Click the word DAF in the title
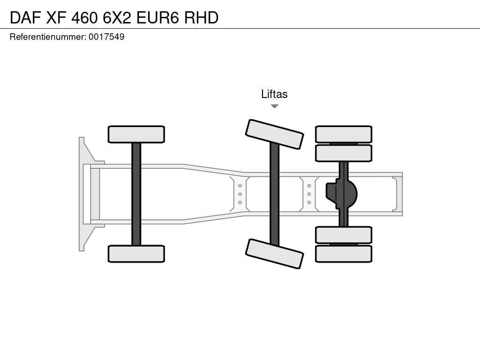coord(25,17)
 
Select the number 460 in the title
coord(84,17)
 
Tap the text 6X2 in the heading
coord(117,17)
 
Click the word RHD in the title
coord(201,17)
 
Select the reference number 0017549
coord(106,37)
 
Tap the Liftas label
coord(274,94)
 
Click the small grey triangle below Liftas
coord(275,106)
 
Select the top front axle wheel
coord(136,134)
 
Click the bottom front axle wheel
coord(136,254)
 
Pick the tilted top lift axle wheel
coord(275,134)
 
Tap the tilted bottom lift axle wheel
coord(275,254)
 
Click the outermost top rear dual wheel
coord(344,134)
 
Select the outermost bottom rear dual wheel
coord(344,254)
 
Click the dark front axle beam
coord(136,194)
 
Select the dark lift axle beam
coord(275,194)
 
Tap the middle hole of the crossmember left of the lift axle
coord(240,194)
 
